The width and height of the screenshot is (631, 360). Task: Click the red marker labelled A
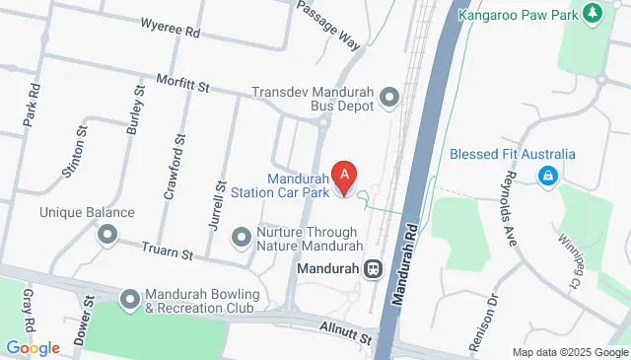[344, 176]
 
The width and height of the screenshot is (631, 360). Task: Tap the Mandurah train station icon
[374, 268]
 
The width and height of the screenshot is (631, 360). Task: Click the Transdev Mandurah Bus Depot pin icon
[389, 97]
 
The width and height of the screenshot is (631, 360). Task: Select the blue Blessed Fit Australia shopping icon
[545, 176]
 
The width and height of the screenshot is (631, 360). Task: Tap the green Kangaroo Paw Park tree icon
[593, 14]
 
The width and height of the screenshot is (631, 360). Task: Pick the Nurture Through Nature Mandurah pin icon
[241, 237]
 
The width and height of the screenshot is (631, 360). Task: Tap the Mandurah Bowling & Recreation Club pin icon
[130, 298]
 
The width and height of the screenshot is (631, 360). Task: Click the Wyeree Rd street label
[170, 32]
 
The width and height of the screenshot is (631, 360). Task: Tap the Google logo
[33, 347]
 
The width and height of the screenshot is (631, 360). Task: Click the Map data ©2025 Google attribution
[570, 352]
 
